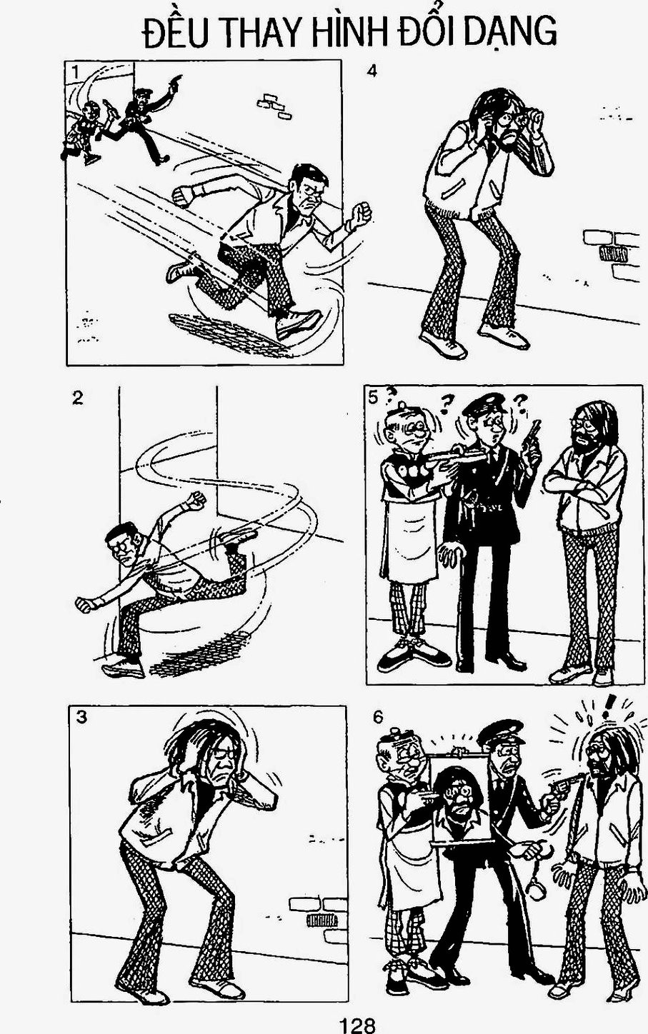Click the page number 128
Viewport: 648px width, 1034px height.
[357, 1025]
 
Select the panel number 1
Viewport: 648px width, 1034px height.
[75, 72]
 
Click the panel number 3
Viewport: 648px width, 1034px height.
[81, 718]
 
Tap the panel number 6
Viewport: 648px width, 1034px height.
[378, 718]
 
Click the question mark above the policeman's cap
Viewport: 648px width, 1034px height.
[446, 403]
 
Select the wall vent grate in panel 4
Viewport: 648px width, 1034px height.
[612, 254]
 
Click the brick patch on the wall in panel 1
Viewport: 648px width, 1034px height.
[274, 106]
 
